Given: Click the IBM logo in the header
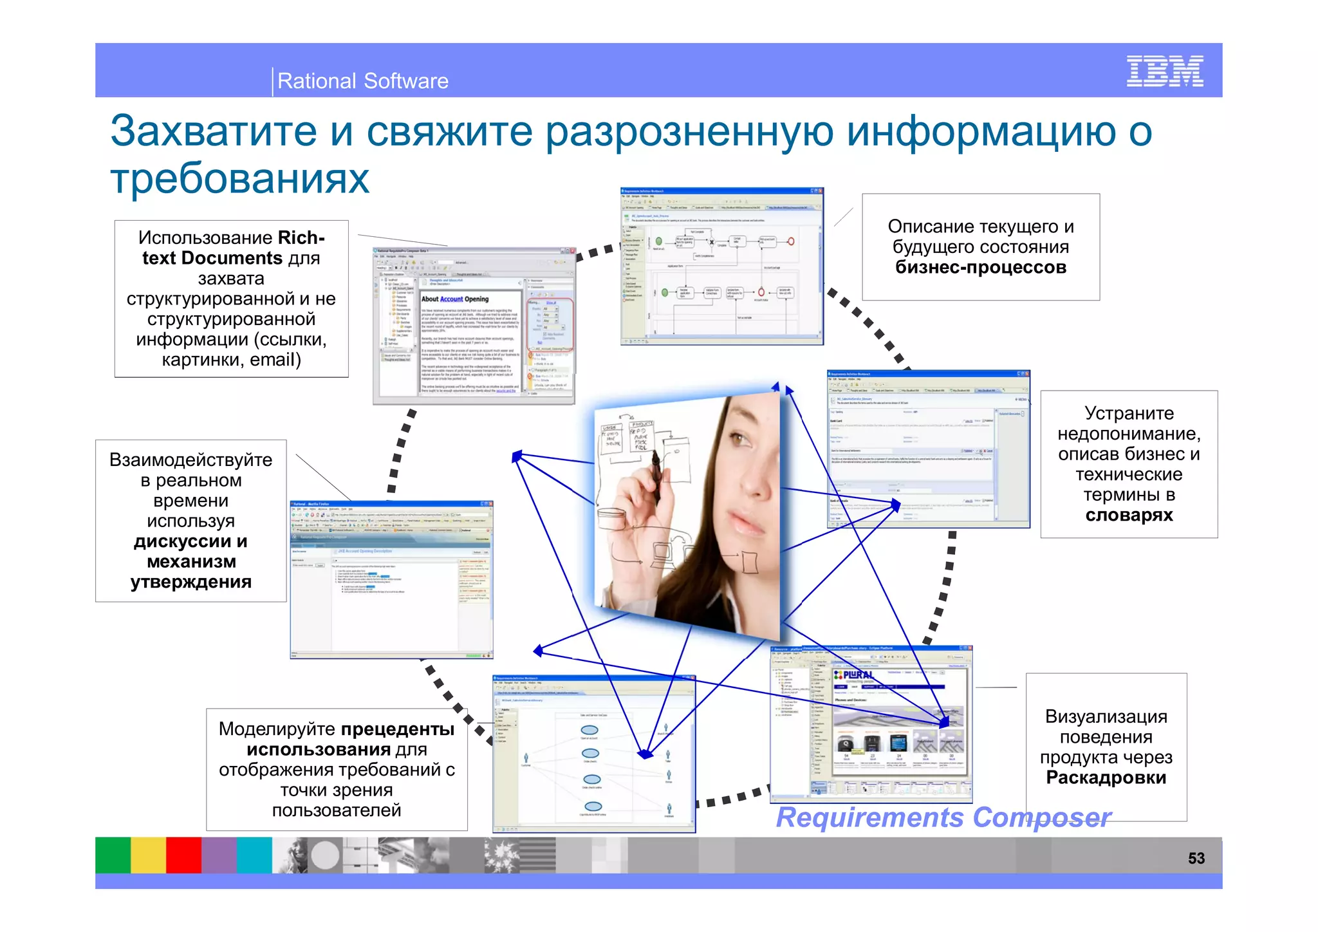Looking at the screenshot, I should point(1164,71).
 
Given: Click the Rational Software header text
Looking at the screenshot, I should point(362,81).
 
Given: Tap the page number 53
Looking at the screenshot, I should point(1196,858).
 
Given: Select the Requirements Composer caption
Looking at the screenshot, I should point(943,817).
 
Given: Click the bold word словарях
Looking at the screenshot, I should point(1129,515).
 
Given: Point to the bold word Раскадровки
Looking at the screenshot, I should point(1106,778).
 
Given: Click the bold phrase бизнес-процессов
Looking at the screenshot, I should point(980,267).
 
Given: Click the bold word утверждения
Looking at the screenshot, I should point(190,582).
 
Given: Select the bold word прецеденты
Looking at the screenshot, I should point(397,729).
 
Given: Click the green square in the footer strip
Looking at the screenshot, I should point(113,855).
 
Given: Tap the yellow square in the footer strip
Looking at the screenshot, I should point(148,855).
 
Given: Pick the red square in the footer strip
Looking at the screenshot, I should point(183,855).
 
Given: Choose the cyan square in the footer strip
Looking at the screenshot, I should point(254,855).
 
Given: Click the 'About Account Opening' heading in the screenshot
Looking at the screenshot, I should point(454,299).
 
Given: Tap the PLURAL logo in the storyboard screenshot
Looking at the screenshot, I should point(854,675).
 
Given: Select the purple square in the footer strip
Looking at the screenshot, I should point(219,855).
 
